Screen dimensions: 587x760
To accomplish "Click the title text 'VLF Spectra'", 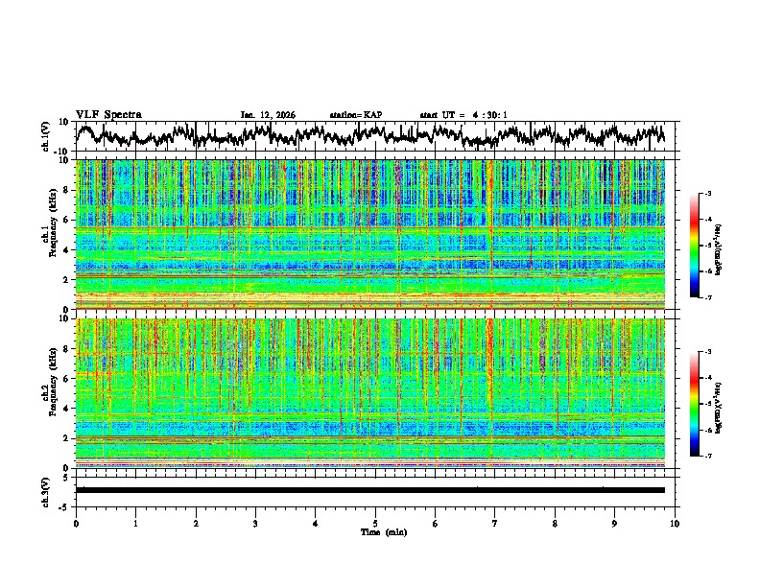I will [x=108, y=115].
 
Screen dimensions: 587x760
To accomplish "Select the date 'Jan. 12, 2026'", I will [x=268, y=115].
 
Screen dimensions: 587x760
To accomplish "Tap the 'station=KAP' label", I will [x=355, y=115].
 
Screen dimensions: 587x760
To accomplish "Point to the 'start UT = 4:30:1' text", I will [x=463, y=115].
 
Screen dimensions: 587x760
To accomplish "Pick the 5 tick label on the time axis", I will [x=375, y=523].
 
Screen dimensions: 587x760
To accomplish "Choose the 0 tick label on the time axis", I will [x=76, y=523].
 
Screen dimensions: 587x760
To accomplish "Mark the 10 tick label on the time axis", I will [x=675, y=523].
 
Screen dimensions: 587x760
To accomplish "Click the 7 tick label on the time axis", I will [x=495, y=523].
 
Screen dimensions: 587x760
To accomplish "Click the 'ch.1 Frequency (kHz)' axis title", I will [x=49, y=235].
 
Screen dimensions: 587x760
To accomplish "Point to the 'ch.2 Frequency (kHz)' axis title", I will [x=49, y=393].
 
